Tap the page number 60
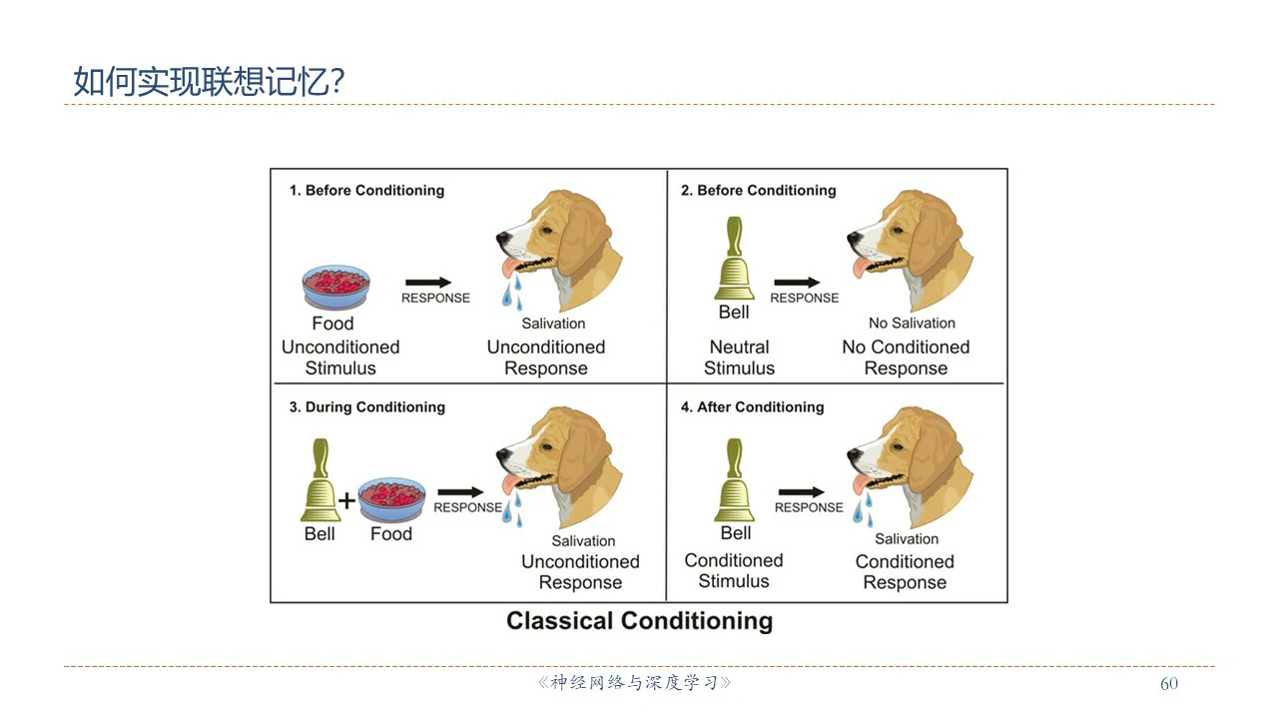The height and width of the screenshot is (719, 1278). (x=1168, y=683)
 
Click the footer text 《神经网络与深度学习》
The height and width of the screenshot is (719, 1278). (x=635, y=683)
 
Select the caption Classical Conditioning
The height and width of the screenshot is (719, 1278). (x=639, y=621)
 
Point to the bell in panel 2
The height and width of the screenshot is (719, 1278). (x=734, y=262)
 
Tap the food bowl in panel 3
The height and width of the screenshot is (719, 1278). (x=391, y=499)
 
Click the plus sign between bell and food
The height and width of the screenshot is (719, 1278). (x=346, y=500)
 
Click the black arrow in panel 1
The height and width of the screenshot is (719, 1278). (x=428, y=283)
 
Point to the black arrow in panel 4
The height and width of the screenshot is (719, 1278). (x=802, y=492)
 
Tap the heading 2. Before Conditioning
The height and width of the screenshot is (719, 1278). (x=758, y=191)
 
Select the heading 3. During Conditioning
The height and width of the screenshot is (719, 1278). (x=366, y=407)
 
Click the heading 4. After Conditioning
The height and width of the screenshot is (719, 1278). (x=752, y=407)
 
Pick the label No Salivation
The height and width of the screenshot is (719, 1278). (x=912, y=324)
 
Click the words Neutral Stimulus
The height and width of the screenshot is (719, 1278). (x=739, y=358)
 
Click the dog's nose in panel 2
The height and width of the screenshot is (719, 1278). (x=852, y=239)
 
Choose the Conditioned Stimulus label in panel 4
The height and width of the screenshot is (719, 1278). (x=734, y=571)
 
